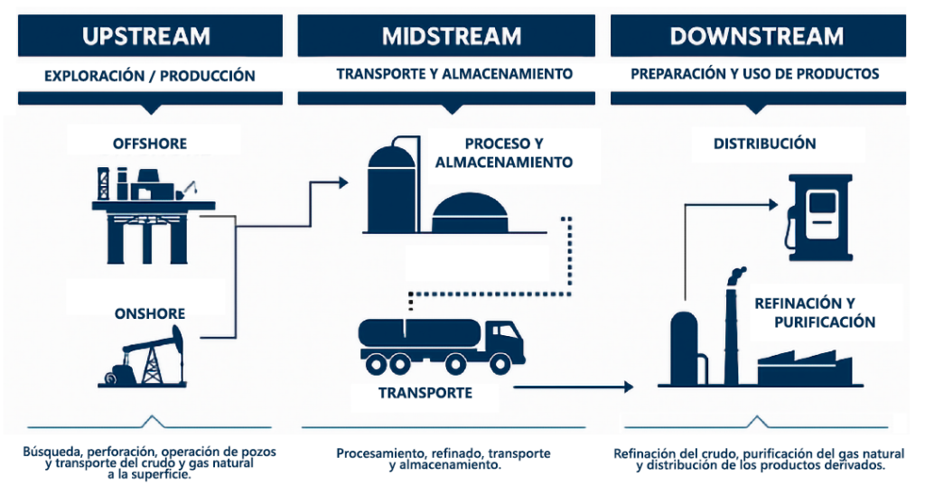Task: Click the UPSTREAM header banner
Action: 146,36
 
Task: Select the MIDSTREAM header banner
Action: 451,36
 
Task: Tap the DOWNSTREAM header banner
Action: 756,36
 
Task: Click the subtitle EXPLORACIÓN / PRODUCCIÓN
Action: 150,76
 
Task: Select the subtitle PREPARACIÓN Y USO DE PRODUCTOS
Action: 755,74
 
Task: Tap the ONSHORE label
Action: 149,314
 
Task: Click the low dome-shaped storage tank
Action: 471,213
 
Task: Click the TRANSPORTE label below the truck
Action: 425,393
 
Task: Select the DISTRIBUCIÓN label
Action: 764,144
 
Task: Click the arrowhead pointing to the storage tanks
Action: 342,183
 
